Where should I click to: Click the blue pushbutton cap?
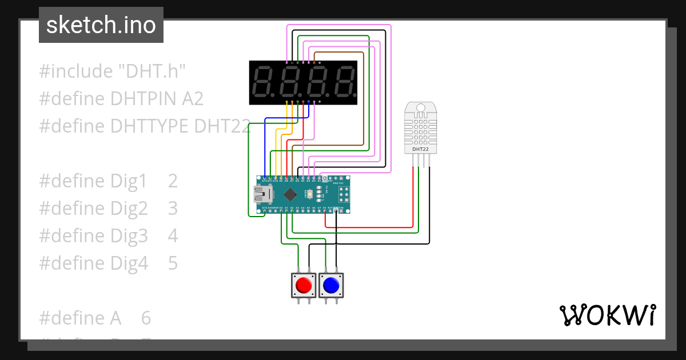(x=331, y=284)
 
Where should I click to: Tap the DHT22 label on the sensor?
(x=420, y=149)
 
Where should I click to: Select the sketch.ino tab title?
(x=101, y=25)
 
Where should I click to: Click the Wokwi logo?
(x=607, y=315)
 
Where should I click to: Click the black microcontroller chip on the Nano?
(x=290, y=194)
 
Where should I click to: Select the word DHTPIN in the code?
(x=145, y=99)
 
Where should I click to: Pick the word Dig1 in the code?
(x=129, y=181)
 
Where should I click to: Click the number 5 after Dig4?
(x=173, y=263)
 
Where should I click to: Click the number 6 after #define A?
(x=146, y=318)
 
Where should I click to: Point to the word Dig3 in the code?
(x=129, y=236)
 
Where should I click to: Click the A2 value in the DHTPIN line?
(x=193, y=99)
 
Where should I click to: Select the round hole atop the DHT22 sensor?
(x=420, y=107)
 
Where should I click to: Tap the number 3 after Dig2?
(x=173, y=209)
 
